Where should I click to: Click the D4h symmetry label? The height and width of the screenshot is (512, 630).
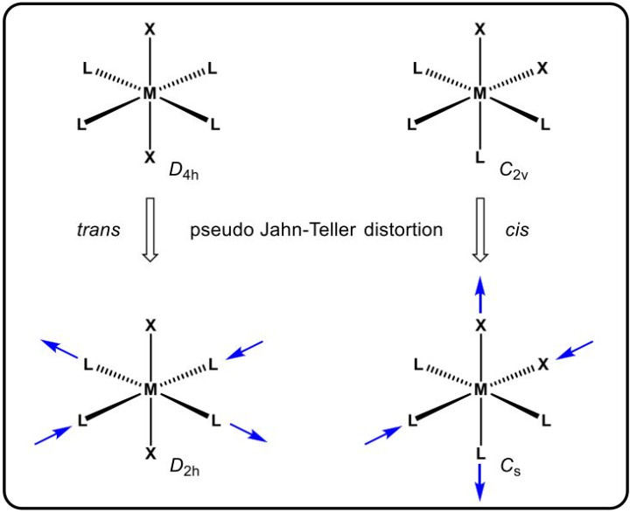click(184, 171)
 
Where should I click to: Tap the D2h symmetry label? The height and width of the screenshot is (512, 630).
click(185, 467)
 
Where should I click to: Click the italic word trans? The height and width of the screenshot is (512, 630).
click(98, 230)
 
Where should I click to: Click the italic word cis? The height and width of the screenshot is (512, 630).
click(517, 230)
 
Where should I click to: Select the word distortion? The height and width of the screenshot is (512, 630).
click(403, 230)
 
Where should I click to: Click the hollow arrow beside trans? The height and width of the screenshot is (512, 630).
click(150, 230)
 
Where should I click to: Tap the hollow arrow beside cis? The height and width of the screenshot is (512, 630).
click(480, 230)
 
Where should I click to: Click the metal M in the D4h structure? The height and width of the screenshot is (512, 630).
click(150, 93)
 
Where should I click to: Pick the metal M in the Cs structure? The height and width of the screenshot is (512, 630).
click(480, 389)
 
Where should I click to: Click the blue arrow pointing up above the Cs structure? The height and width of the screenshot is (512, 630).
click(480, 294)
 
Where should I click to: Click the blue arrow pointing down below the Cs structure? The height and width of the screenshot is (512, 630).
click(480, 482)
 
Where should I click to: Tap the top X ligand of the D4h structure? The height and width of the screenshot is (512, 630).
click(150, 29)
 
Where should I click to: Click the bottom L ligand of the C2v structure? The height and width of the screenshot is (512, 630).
click(480, 157)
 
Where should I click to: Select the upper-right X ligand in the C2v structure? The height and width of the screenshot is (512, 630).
click(542, 69)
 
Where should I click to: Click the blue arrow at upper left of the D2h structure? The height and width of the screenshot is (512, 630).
click(60, 349)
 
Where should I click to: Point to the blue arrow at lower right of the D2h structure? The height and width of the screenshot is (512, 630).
click(248, 432)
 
